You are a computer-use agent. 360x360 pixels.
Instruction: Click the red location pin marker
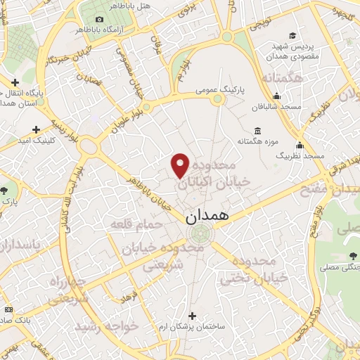(x=181, y=165)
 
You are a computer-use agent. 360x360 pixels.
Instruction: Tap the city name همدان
(x=208, y=217)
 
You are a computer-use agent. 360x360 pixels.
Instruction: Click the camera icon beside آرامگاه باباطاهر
(x=99, y=19)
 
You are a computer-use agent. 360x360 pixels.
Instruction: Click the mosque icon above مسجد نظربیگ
(x=300, y=146)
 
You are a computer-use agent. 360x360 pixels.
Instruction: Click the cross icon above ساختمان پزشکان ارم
(x=192, y=316)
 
